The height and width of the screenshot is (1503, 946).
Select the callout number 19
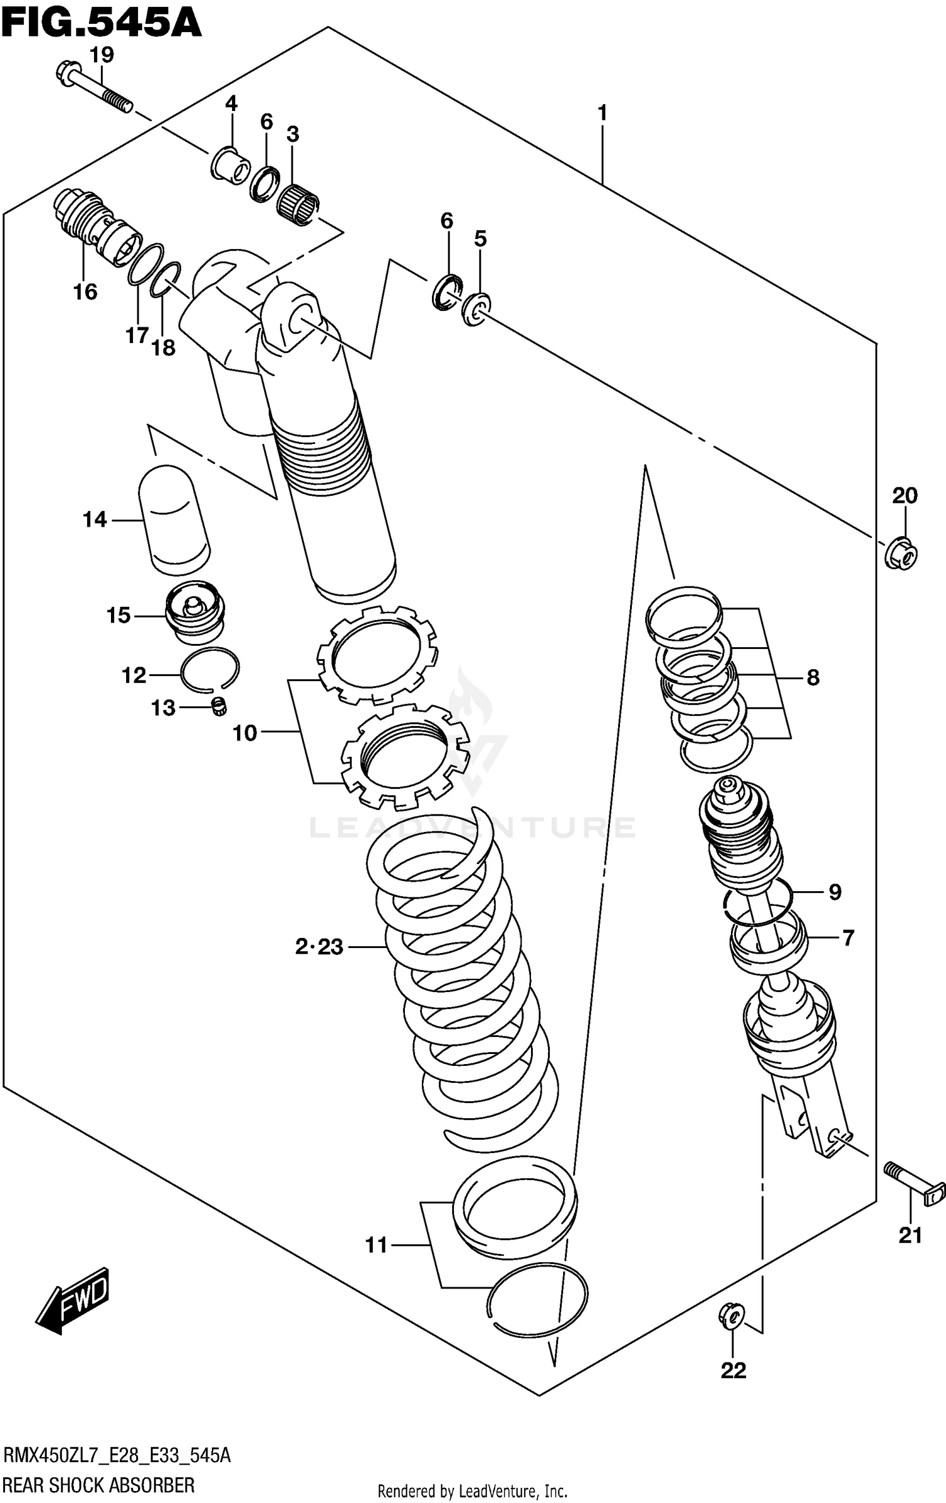click(x=101, y=55)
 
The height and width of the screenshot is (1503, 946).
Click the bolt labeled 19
click(x=95, y=86)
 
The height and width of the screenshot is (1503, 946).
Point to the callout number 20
click(x=904, y=496)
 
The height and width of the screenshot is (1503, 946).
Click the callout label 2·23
click(x=319, y=947)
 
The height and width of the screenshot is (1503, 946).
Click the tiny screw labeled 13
click(x=219, y=707)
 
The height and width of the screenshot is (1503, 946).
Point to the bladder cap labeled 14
click(x=172, y=520)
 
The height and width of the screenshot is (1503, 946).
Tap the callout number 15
click(x=119, y=615)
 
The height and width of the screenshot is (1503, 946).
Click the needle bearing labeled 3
click(x=298, y=202)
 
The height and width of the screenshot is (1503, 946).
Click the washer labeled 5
click(x=476, y=308)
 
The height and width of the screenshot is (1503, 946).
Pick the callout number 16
click(x=85, y=291)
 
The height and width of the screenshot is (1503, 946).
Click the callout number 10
click(x=245, y=733)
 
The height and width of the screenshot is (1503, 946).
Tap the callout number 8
click(x=813, y=677)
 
